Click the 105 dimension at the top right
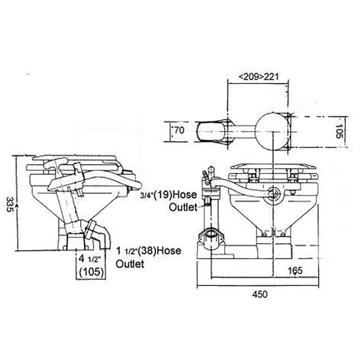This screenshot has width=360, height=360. [340, 129]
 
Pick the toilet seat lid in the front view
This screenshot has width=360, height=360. [272, 168]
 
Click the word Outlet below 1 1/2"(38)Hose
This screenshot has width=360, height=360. [130, 264]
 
